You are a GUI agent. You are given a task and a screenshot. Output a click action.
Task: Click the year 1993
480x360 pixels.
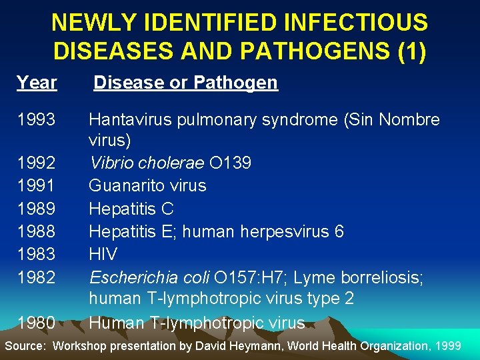(x=37, y=120)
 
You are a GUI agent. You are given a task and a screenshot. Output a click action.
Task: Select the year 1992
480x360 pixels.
(x=37, y=163)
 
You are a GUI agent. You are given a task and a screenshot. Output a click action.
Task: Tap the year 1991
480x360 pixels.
(x=37, y=185)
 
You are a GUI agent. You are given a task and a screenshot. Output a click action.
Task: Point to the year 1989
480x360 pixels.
(x=37, y=209)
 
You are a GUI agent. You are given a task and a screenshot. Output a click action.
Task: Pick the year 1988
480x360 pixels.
(x=37, y=231)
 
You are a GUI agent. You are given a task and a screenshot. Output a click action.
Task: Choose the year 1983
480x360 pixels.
(x=37, y=254)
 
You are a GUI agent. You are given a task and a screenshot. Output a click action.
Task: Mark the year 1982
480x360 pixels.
(x=37, y=277)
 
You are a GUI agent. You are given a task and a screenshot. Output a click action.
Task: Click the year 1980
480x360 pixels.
(x=37, y=323)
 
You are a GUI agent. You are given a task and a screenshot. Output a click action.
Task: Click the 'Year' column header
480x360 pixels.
(x=37, y=83)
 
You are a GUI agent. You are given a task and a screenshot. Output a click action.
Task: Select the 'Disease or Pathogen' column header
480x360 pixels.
(x=185, y=83)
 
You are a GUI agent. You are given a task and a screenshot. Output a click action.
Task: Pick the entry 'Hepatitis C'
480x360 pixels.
(x=131, y=209)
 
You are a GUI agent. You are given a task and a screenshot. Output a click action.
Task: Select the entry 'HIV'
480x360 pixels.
(x=103, y=254)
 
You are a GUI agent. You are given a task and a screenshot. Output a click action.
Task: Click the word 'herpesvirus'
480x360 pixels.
(x=280, y=231)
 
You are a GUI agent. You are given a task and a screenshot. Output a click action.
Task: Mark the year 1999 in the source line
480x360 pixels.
(x=446, y=345)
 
